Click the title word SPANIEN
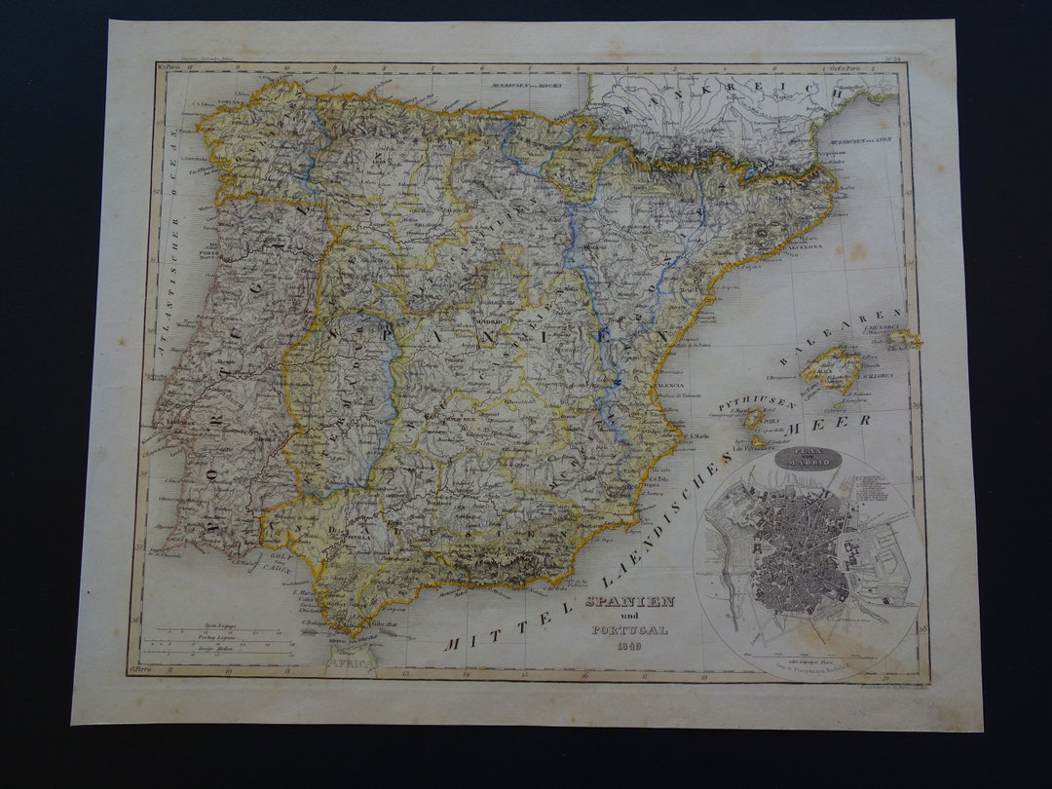[x=629, y=601]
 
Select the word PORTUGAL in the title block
[x=629, y=630]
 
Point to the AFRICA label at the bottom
[x=351, y=661]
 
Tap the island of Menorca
[x=905, y=338]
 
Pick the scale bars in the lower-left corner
[x=225, y=639]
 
